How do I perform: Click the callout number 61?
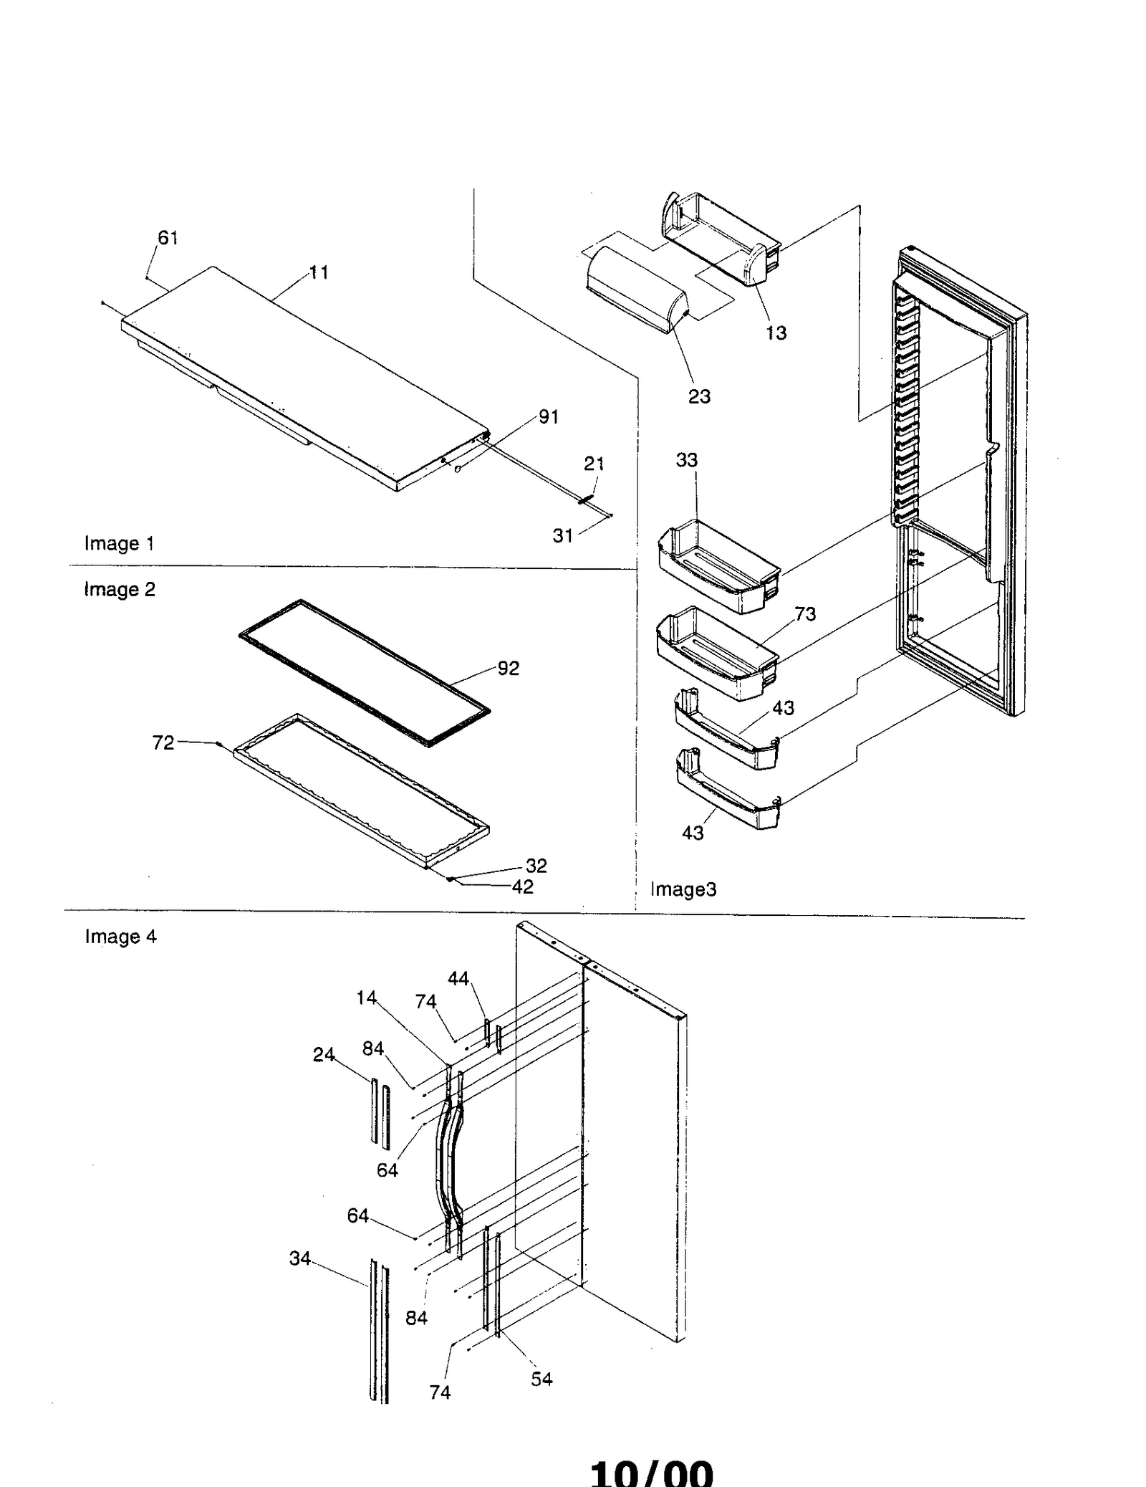pos(168,238)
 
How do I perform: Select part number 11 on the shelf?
pos(319,272)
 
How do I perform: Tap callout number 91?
pos(548,417)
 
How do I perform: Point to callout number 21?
pos(594,464)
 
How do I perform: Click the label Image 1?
pos(119,543)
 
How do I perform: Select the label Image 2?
pos(119,589)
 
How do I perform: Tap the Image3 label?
pos(683,889)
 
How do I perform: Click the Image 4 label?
pos(120,937)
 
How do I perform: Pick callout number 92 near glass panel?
pos(508,668)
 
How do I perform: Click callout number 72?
pos(163,743)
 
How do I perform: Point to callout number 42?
pos(522,887)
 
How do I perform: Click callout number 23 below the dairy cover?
pos(699,396)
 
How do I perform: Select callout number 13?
pos(776,333)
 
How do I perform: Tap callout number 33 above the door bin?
pos(686,460)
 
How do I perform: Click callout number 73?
pos(805,614)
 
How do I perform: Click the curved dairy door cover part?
pos(634,290)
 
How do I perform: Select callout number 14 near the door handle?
pos(366,998)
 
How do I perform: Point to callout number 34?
pos(299,1258)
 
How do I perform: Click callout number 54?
pos(541,1379)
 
